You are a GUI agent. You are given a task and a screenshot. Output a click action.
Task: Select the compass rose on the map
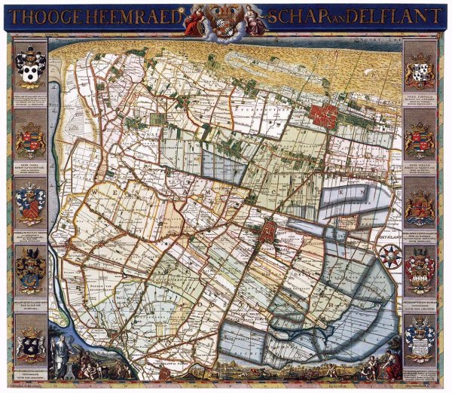[x=389, y=256]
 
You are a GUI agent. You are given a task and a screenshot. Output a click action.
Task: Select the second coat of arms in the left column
[x=30, y=139]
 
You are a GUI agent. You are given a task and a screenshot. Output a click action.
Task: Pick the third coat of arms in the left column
[x=30, y=203]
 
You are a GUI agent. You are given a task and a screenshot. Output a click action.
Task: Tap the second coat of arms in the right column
[x=420, y=139]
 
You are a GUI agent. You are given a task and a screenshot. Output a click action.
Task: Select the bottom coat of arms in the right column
[x=420, y=331]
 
